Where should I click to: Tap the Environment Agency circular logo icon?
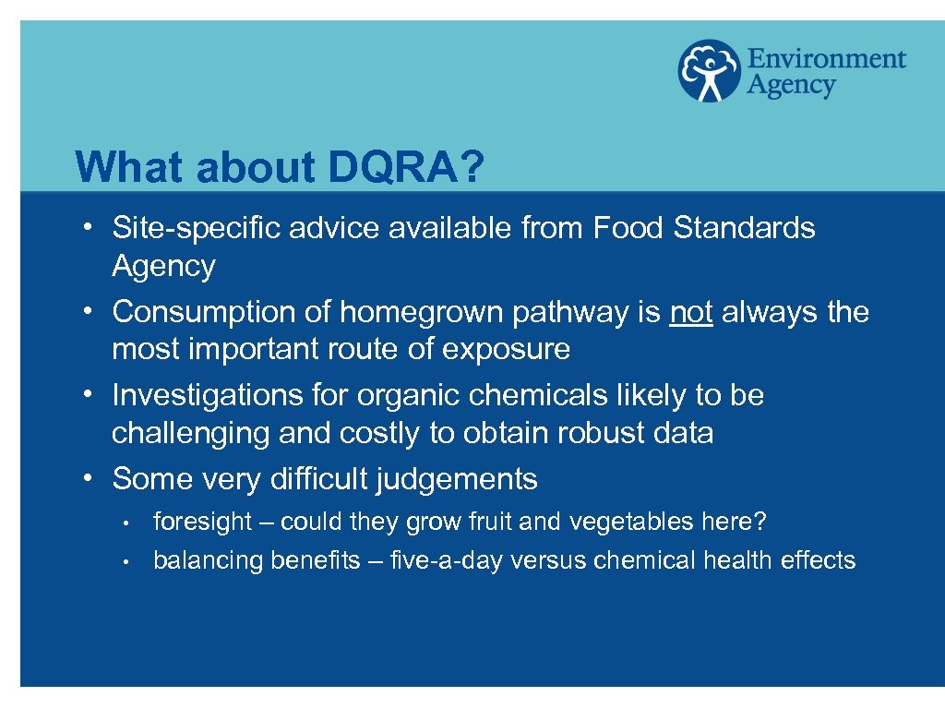[709, 70]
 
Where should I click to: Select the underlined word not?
[691, 312]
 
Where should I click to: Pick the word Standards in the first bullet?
[745, 227]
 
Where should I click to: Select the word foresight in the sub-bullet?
[202, 522]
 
